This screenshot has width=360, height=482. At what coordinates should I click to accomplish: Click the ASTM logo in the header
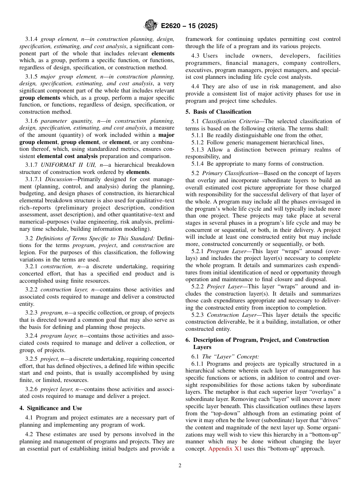[151, 26]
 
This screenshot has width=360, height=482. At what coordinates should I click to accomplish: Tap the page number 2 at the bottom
[180, 466]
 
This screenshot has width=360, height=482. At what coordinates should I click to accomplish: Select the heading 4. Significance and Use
[51, 408]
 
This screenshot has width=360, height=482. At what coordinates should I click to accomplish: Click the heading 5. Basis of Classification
[218, 112]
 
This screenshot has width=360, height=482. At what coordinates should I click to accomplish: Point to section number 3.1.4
[32, 39]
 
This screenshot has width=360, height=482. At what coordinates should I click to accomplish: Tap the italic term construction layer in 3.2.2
[58, 290]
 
